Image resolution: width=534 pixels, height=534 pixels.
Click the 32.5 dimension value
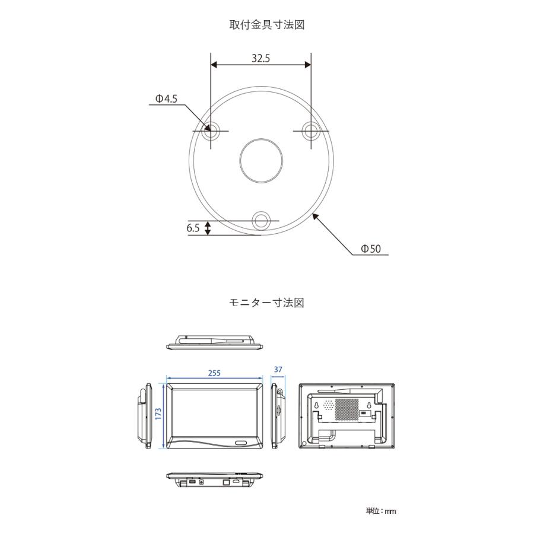click(x=261, y=59)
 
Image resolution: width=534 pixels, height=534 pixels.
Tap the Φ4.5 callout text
click(x=166, y=99)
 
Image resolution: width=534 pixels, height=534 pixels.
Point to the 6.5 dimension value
click(x=193, y=228)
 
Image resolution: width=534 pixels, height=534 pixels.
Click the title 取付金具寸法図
click(x=267, y=25)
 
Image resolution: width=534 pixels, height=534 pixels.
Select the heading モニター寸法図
click(x=267, y=303)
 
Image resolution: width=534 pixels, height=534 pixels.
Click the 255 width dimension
click(x=214, y=373)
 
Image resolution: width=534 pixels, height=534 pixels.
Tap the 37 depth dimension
click(x=278, y=370)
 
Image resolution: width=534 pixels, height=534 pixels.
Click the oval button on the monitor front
click(x=242, y=443)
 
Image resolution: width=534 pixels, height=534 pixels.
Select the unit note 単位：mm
click(x=381, y=511)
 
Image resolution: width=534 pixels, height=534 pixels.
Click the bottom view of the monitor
click(x=214, y=480)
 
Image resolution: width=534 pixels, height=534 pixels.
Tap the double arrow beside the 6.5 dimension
click(x=208, y=228)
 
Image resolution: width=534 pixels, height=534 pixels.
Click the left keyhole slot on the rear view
click(x=317, y=406)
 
